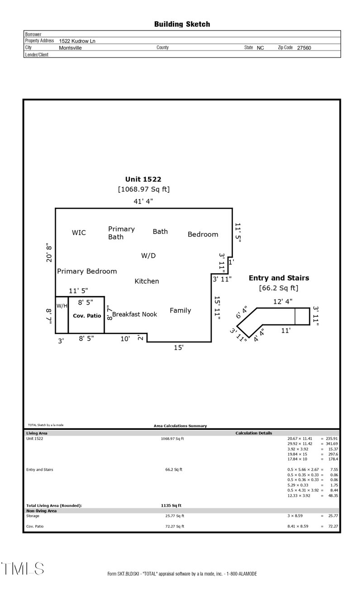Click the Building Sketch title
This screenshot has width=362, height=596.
182,24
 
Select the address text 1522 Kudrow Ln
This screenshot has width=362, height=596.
77,41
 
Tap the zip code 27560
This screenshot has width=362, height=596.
304,48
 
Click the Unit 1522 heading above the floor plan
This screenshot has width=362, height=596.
143,179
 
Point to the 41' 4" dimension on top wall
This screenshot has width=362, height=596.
143,201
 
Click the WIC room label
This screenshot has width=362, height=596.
79,233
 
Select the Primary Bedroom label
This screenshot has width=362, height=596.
87,271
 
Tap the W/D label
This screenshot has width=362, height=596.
148,256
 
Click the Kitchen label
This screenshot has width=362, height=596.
147,281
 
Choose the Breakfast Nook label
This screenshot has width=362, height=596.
135,314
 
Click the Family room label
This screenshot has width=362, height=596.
180,310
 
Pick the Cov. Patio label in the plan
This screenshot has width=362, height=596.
87,316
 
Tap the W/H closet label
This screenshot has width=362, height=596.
62,305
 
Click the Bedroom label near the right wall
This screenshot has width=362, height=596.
203,234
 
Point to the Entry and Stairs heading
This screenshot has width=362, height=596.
279,278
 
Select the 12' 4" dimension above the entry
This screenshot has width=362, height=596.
283,301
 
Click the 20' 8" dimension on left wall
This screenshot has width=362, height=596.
49,253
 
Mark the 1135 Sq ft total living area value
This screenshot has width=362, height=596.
168,505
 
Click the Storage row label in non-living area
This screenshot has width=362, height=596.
33,516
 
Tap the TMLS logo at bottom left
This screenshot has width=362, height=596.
23,568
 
